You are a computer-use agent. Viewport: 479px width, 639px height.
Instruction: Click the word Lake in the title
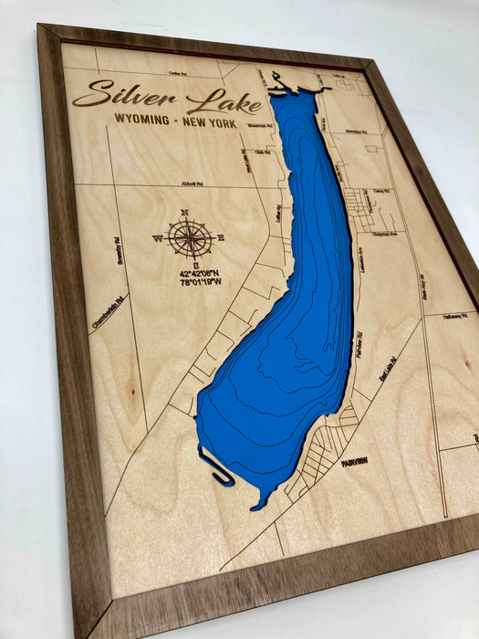click(x=223, y=101)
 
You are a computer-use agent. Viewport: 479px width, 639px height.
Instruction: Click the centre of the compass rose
click(x=189, y=238)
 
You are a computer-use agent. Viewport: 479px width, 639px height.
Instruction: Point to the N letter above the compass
click(x=185, y=213)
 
